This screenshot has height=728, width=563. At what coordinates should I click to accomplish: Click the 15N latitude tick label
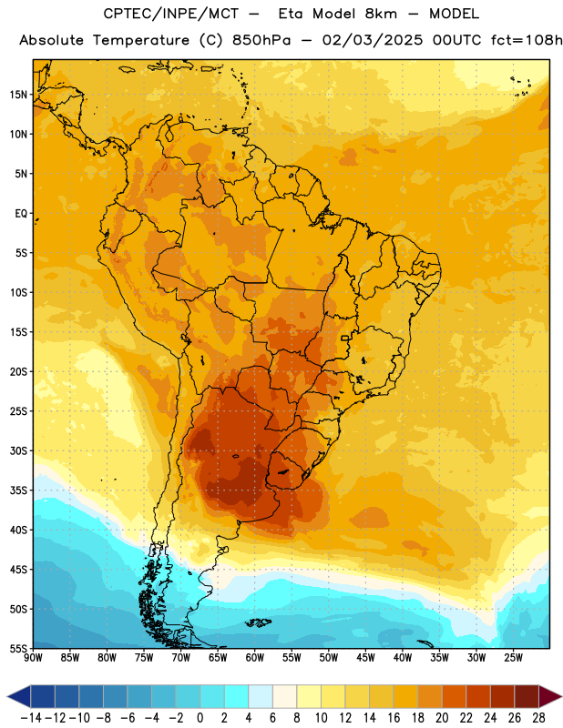tap(18, 95)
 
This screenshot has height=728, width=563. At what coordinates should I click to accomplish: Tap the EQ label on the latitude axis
tap(21, 214)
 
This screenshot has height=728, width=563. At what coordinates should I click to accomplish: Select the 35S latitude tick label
tap(18, 490)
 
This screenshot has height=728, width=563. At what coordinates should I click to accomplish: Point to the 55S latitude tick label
tap(18, 649)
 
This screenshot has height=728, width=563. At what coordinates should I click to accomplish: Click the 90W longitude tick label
tap(33, 658)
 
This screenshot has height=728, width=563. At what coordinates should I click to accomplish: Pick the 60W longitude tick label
tap(255, 658)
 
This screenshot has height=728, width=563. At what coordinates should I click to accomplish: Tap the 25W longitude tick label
tap(513, 658)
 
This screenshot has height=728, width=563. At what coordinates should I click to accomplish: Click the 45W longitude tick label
tap(365, 658)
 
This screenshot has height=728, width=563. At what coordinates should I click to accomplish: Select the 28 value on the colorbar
tap(538, 718)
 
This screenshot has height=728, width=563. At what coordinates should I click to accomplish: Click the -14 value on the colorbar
tap(31, 718)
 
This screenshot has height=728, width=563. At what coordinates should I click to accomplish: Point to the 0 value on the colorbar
tap(200, 718)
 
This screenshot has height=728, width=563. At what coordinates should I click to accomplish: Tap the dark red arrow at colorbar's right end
tap(550, 696)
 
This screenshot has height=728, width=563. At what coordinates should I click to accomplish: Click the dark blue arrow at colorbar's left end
tap(18, 696)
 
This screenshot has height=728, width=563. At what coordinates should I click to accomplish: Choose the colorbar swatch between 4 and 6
tap(261, 696)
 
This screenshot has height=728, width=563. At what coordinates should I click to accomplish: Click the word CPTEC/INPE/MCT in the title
tap(170, 14)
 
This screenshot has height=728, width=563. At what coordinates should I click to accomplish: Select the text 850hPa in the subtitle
tap(261, 40)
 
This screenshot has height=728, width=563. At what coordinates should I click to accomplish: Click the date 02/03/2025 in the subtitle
tap(373, 40)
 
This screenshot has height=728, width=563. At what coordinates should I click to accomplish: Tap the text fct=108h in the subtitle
tap(527, 40)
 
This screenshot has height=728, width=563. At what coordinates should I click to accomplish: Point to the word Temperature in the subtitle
tap(141, 40)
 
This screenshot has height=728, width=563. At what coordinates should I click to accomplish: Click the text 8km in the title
tap(381, 14)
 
